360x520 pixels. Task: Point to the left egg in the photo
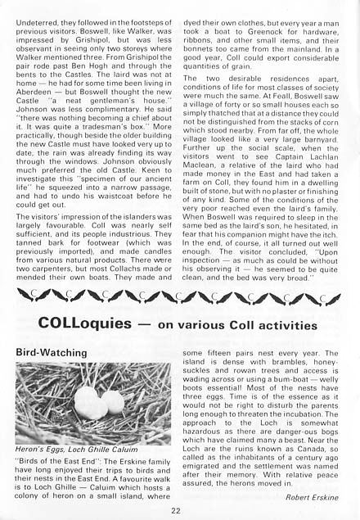[85, 400]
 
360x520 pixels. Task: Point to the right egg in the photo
[112, 402]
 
